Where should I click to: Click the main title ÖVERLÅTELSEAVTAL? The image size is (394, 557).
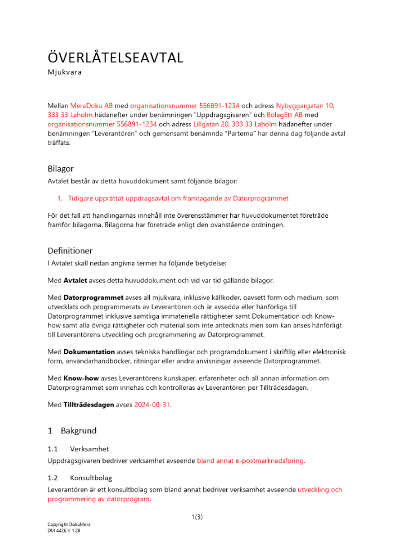[x=115, y=58]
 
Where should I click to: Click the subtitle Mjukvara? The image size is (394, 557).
[x=65, y=72]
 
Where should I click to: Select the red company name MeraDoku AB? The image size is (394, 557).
[x=92, y=105]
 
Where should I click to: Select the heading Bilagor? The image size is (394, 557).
[x=61, y=168]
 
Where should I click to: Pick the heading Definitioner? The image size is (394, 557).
[x=70, y=251]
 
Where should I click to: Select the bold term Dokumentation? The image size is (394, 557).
[x=89, y=352]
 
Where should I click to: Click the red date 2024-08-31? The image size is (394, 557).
[x=153, y=405]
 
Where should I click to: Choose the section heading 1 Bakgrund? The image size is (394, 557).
[x=72, y=431]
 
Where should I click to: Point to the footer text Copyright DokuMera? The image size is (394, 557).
[x=69, y=525]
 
